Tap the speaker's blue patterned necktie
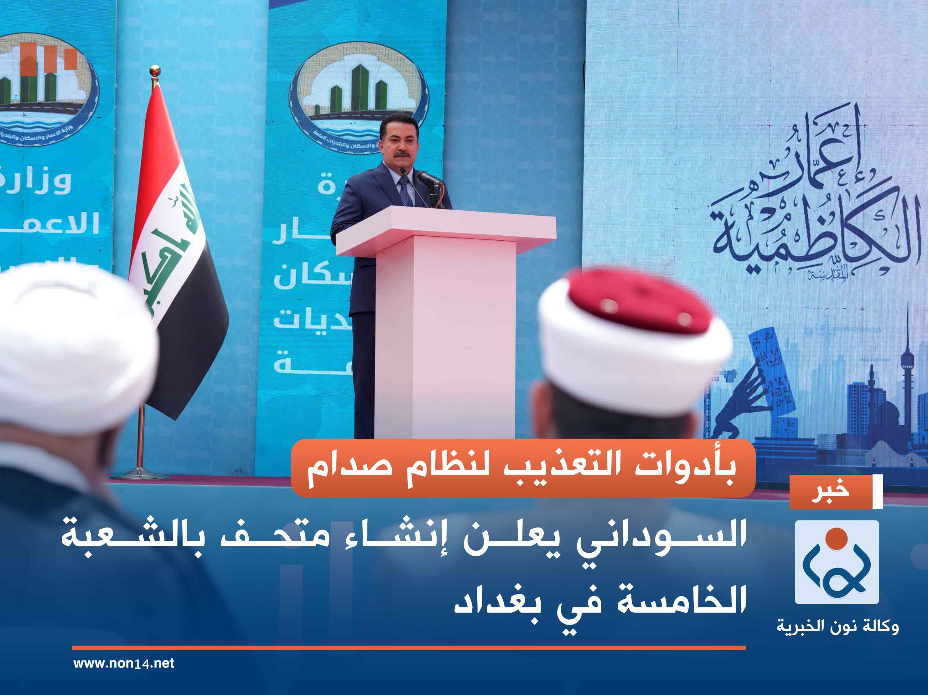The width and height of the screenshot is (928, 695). (x=405, y=191)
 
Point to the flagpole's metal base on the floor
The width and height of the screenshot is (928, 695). (x=140, y=474)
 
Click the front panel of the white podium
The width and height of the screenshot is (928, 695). (x=445, y=335)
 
